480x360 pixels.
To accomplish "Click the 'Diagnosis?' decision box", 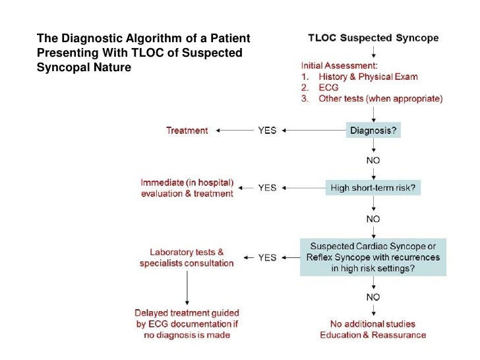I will click(x=373, y=131).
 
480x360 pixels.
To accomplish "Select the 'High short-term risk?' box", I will click(x=373, y=187).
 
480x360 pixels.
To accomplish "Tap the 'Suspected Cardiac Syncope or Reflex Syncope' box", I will click(x=373, y=257).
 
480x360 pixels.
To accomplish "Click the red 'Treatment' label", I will click(x=187, y=131).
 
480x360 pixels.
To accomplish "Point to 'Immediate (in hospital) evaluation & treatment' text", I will click(x=187, y=188).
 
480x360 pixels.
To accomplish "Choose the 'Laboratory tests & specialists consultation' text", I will click(x=187, y=258).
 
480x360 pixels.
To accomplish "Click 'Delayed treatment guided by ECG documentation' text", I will click(x=187, y=324).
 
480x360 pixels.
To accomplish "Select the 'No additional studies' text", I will click(x=373, y=323).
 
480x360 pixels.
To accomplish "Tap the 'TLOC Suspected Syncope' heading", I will click(x=373, y=38).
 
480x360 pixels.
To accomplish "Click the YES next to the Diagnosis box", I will click(x=267, y=131).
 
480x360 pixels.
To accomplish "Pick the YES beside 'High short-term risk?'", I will click(x=267, y=188).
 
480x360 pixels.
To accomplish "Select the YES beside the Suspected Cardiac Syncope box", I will click(x=267, y=257).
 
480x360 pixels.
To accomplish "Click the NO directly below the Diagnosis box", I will click(x=373, y=160).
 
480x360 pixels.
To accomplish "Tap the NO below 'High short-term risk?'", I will click(x=373, y=218).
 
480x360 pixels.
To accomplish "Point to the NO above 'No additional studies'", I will click(x=373, y=297).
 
